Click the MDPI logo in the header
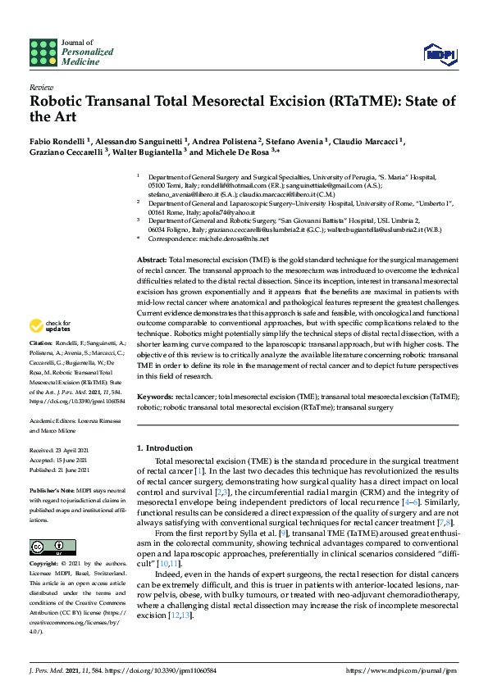(x=440, y=54)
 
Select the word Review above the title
(x=40, y=86)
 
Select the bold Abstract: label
(x=152, y=259)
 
